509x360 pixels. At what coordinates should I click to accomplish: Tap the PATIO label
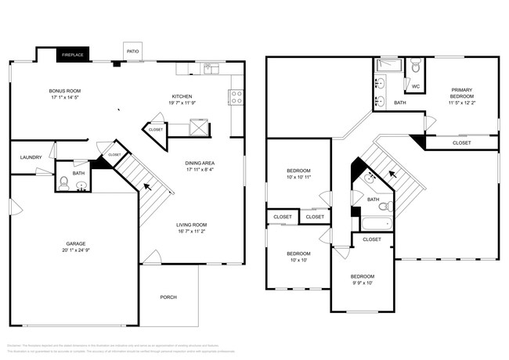click(x=132, y=52)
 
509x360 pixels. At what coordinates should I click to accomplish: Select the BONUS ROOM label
click(x=66, y=91)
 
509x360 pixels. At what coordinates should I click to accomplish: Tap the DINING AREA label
click(x=201, y=163)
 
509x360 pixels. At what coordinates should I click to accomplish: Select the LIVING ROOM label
click(x=191, y=225)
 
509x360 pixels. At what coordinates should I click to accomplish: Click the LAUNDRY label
click(x=31, y=157)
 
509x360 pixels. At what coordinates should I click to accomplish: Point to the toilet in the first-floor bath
click(x=65, y=185)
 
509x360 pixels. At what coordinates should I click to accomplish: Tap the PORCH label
click(x=168, y=297)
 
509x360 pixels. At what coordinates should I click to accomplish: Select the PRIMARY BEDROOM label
click(x=462, y=92)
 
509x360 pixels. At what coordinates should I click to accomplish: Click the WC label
click(x=416, y=86)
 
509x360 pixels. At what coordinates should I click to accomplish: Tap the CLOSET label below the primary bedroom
click(x=462, y=143)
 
